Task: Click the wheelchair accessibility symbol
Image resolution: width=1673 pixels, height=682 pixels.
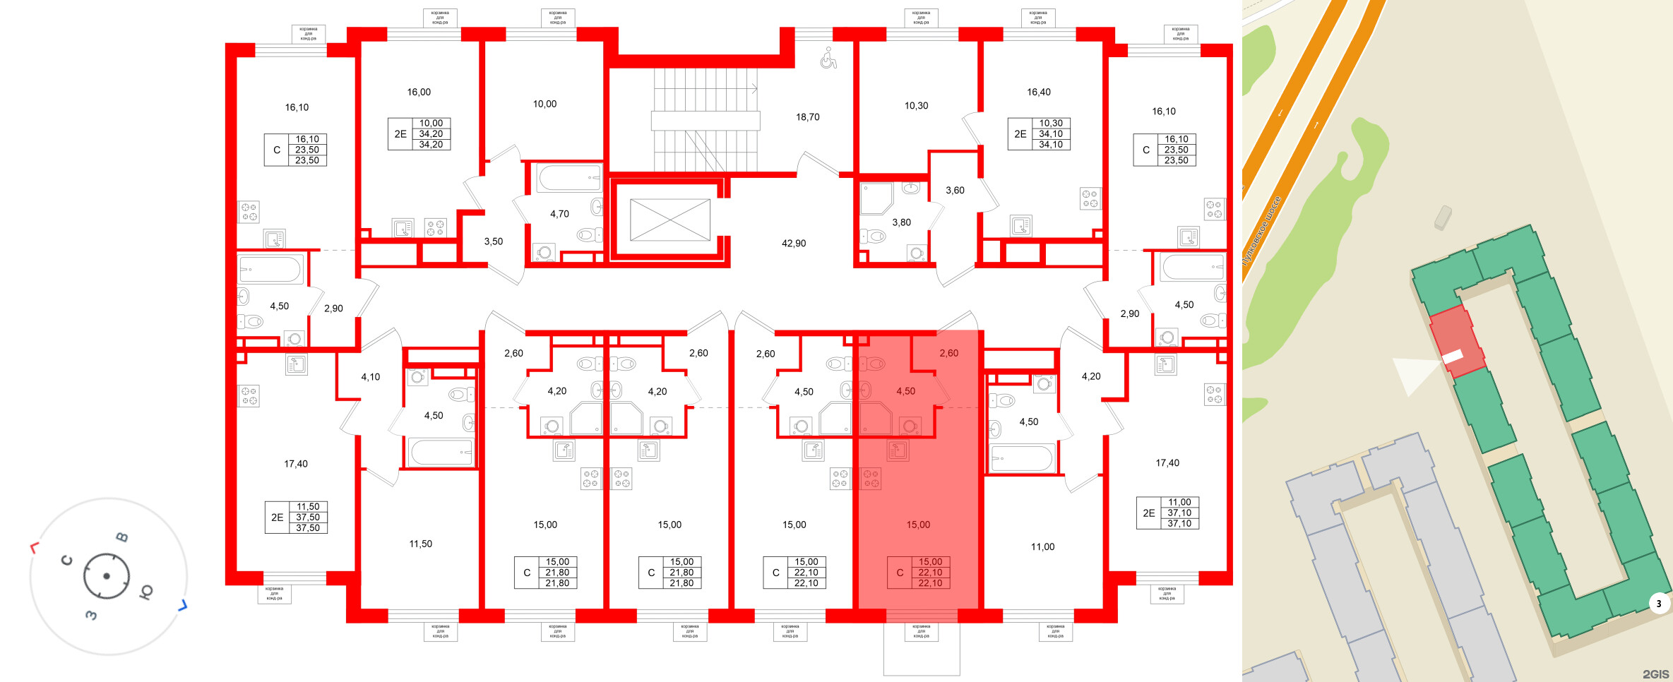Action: click(x=828, y=59)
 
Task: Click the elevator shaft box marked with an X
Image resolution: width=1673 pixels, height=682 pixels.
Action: click(x=669, y=220)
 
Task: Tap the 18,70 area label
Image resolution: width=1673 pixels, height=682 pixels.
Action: click(x=807, y=117)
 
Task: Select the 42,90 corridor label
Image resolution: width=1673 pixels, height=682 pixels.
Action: click(x=793, y=244)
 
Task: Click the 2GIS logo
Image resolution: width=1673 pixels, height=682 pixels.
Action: click(x=1655, y=674)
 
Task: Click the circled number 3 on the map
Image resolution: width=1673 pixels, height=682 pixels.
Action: click(x=1659, y=604)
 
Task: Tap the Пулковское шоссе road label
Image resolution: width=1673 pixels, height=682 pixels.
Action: click(x=1261, y=232)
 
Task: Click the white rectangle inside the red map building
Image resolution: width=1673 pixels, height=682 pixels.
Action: click(x=1453, y=357)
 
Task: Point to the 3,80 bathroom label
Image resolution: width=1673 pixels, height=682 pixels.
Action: click(x=901, y=222)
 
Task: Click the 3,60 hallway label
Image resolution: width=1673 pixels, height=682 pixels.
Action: click(x=955, y=191)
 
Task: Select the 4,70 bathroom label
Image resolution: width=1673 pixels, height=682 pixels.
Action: click(x=559, y=214)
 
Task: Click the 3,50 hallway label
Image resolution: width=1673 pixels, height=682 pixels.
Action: click(x=493, y=241)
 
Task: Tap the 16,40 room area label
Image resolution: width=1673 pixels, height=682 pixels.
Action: click(x=1038, y=92)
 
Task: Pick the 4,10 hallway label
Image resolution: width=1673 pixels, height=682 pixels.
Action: click(x=370, y=377)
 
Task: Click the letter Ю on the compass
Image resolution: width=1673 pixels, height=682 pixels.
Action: click(x=146, y=592)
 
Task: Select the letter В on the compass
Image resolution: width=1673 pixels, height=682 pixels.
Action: click(x=122, y=537)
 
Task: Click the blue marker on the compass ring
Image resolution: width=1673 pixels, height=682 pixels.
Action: click(x=182, y=605)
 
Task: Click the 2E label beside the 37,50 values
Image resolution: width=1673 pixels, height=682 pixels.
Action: click(x=277, y=518)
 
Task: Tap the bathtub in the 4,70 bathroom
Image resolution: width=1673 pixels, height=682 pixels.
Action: click(x=569, y=178)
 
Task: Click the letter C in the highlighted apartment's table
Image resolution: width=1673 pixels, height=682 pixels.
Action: click(x=900, y=573)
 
